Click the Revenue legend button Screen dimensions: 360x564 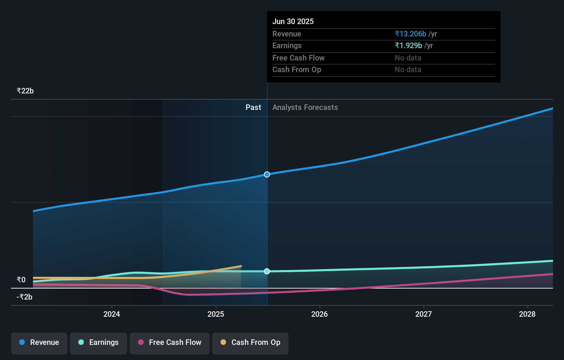[39, 342]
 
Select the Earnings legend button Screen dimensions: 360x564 [99, 342]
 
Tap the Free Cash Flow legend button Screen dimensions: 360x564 [170, 342]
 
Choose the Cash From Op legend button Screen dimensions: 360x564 [250, 342]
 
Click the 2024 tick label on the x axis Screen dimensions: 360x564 [112, 314]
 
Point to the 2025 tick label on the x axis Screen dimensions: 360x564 [216, 314]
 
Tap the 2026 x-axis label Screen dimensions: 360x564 [319, 314]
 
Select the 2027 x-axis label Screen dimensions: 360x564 [424, 314]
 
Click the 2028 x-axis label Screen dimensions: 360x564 [527, 314]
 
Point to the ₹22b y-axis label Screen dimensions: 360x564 [25, 91]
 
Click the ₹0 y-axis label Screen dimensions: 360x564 [21, 280]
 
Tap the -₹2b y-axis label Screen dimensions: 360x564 [24, 297]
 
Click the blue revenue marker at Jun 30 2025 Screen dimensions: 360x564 [267, 175]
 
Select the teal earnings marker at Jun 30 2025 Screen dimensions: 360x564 [267, 271]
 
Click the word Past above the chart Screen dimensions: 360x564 [253, 108]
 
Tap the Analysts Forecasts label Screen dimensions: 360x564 [305, 108]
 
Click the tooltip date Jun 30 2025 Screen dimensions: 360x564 [293, 21]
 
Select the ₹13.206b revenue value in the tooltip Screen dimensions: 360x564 [410, 34]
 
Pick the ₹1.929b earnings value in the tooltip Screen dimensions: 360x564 [408, 46]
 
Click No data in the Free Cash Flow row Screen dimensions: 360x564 [408, 58]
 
